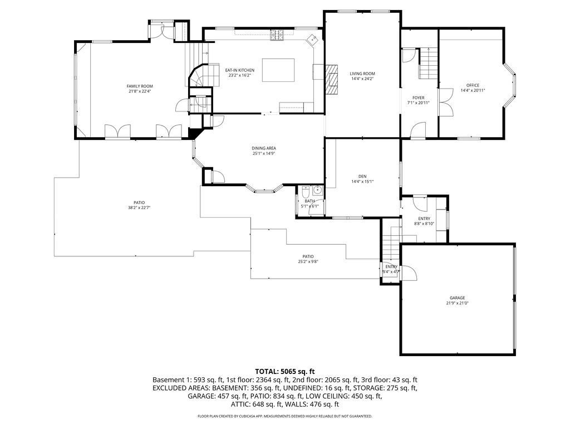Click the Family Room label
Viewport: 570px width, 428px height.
tap(139, 86)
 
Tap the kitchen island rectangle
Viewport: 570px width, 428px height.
tap(278, 70)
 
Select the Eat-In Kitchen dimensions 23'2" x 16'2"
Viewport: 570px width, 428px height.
tap(239, 75)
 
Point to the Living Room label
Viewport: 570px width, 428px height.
tap(362, 74)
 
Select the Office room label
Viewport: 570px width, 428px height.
tap(473, 85)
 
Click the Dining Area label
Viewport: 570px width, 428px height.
tap(264, 148)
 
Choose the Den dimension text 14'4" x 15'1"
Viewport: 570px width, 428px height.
tap(362, 181)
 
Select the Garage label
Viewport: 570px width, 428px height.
tap(457, 298)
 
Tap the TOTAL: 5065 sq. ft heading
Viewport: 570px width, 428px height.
tap(284, 371)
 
